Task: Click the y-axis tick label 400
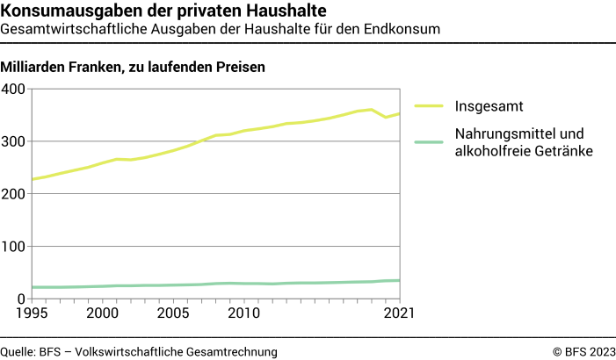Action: coord(15,89)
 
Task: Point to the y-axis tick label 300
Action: coord(15,141)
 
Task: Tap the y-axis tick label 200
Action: coord(15,194)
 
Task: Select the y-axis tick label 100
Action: coord(15,247)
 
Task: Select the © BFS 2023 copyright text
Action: coord(583,351)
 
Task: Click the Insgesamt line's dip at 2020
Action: coord(386,117)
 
